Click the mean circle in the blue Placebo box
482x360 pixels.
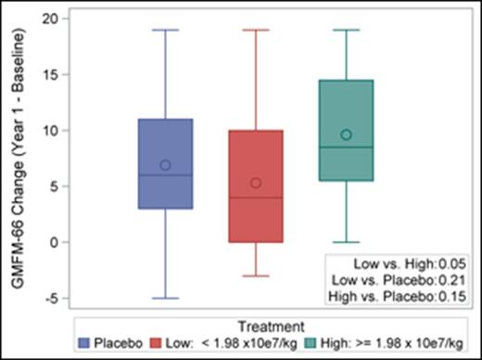click(165, 165)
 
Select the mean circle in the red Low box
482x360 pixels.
click(256, 183)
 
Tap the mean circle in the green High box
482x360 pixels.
click(346, 135)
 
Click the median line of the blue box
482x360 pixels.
click(165, 175)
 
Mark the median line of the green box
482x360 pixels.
click(346, 147)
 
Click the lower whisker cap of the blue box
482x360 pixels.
click(165, 298)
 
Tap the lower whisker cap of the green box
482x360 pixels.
click(346, 242)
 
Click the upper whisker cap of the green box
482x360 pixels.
click(346, 30)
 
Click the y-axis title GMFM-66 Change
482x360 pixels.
click(17, 158)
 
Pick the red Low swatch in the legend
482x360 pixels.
click(158, 342)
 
